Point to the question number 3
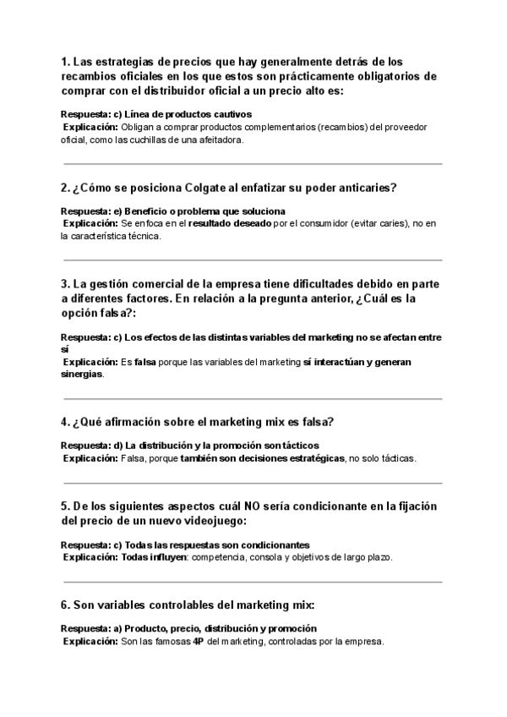(x=65, y=282)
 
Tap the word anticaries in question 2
(x=365, y=187)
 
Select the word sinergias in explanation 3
(x=82, y=375)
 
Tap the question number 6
(x=65, y=605)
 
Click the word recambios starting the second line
(x=91, y=76)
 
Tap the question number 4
(x=65, y=422)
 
